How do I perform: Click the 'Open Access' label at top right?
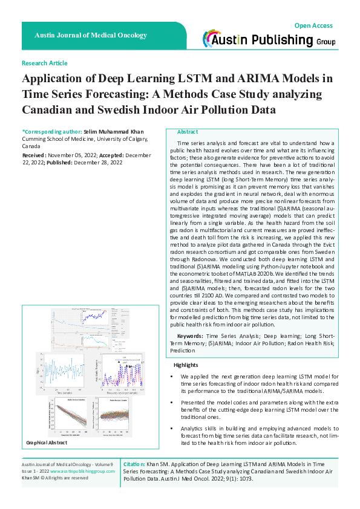pos(313,25)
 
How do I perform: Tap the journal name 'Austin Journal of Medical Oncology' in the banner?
pos(91,36)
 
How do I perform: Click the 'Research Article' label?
pos(44,63)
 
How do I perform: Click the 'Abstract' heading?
pos(188,132)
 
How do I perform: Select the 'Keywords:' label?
pos(190,335)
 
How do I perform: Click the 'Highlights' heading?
pos(186,365)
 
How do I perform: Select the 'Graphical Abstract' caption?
pos(46,443)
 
